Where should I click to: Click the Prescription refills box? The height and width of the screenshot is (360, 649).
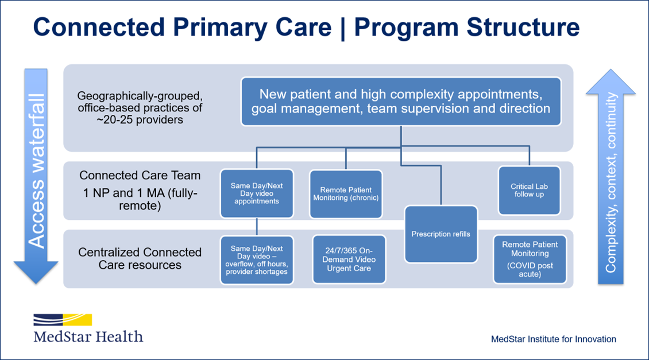click(x=441, y=234)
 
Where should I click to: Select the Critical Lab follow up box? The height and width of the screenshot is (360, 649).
click(x=530, y=191)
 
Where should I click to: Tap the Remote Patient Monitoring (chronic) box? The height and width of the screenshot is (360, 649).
click(x=346, y=194)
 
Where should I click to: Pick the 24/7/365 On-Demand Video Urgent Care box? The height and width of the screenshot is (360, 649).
click(x=349, y=260)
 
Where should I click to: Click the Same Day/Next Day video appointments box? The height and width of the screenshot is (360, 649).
click(x=257, y=193)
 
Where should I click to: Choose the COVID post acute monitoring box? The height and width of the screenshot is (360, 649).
click(x=530, y=260)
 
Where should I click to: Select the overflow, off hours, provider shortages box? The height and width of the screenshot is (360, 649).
click(x=257, y=260)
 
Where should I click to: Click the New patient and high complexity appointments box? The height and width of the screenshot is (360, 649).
click(x=401, y=102)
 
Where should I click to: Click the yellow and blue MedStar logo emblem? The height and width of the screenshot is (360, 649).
click(x=63, y=320)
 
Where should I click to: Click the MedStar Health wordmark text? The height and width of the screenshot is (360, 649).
click(x=88, y=336)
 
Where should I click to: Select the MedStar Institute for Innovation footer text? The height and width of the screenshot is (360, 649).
click(x=554, y=339)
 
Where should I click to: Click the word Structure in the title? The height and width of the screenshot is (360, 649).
click(x=523, y=28)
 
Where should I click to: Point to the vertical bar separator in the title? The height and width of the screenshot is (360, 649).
click(x=343, y=28)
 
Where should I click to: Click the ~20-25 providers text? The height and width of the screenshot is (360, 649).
click(x=140, y=120)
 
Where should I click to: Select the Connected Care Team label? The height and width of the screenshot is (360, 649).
click(x=140, y=176)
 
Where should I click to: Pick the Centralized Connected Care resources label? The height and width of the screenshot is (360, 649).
click(x=140, y=258)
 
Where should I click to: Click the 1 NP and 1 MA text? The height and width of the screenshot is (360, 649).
click(x=140, y=193)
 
